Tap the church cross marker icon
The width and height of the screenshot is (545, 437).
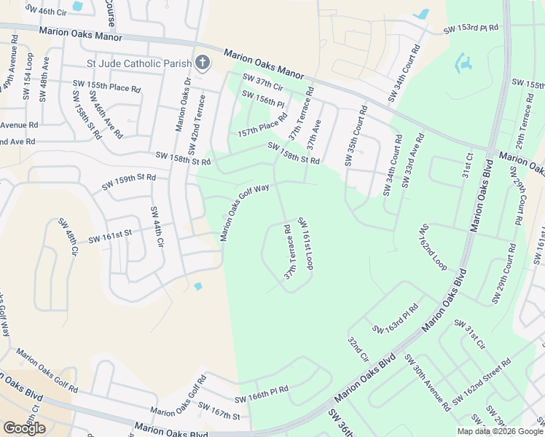tap(203, 63)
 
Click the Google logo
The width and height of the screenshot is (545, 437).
tap(24, 428)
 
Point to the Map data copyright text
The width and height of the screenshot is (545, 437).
tap(500, 431)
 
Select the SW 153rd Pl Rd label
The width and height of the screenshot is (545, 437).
tap(471, 29)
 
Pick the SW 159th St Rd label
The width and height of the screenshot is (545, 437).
tap(129, 177)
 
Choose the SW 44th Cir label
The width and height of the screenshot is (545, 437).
tap(156, 228)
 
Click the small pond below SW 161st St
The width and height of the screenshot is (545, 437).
tap(197, 286)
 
